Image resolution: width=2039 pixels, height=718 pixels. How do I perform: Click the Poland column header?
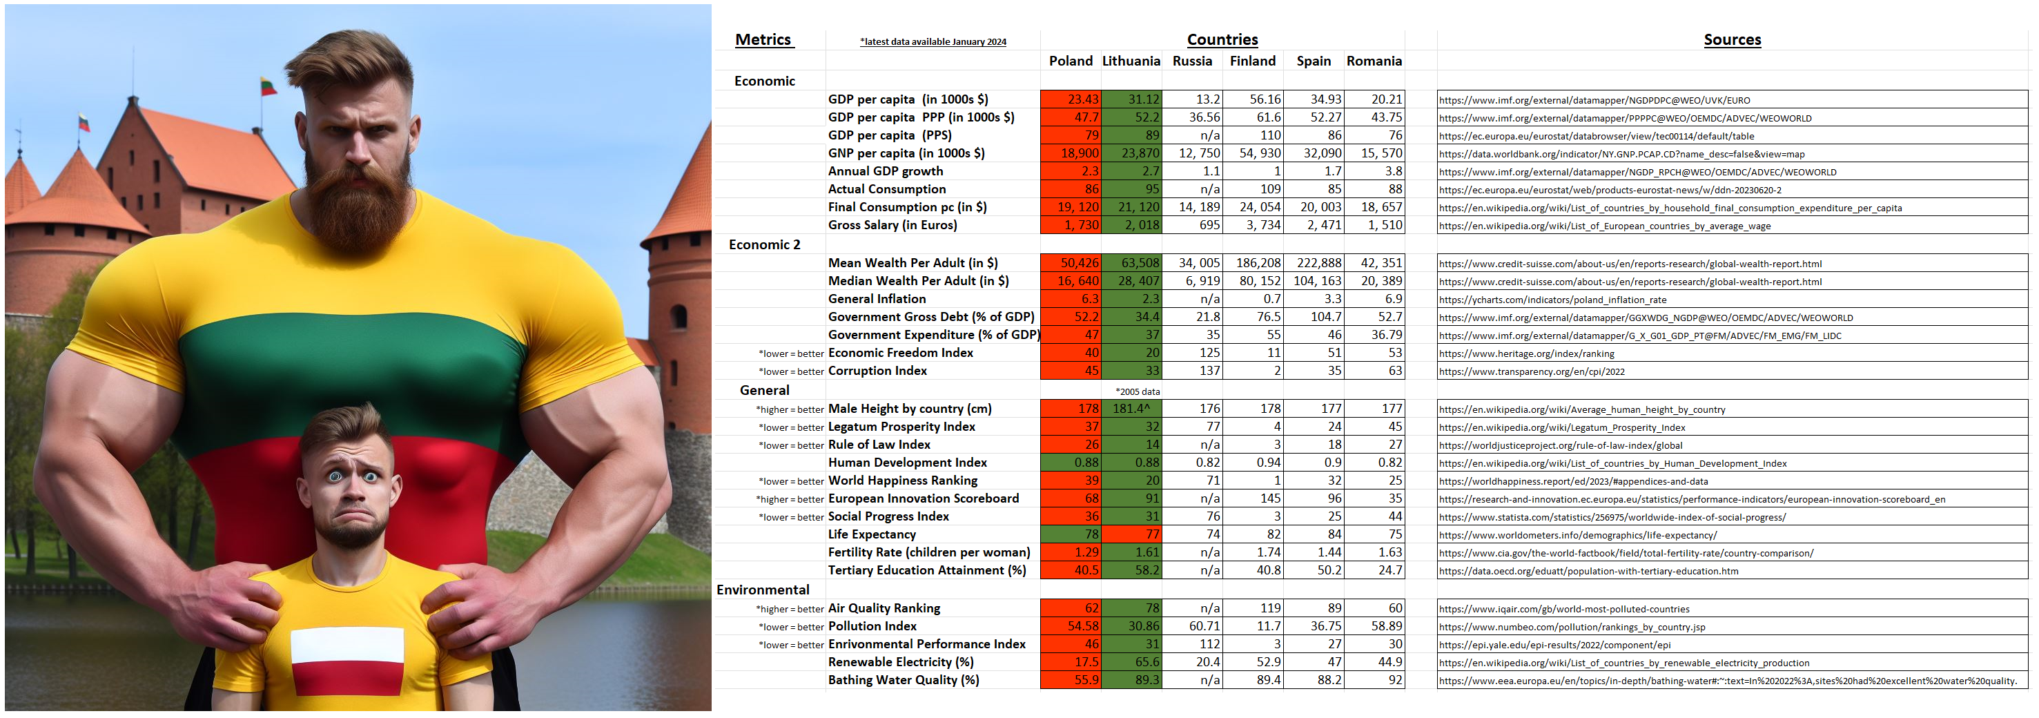[1070, 61]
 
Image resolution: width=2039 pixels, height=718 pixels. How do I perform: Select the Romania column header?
[1374, 61]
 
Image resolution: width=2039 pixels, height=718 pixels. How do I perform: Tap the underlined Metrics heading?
[763, 39]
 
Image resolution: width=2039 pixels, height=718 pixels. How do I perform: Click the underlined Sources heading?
[1732, 39]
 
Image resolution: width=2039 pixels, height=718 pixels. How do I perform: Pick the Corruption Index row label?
[877, 371]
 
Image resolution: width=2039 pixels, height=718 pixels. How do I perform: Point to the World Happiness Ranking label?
[902, 481]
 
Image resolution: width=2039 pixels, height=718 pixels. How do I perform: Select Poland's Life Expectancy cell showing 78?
[1091, 534]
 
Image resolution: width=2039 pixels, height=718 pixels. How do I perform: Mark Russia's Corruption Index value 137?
[1209, 371]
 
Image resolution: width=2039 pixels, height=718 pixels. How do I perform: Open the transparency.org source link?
[1532, 371]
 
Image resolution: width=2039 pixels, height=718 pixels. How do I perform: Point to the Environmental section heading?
[762, 590]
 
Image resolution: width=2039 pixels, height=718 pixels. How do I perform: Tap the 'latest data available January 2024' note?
[933, 42]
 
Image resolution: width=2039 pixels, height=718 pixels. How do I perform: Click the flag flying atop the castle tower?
[269, 86]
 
